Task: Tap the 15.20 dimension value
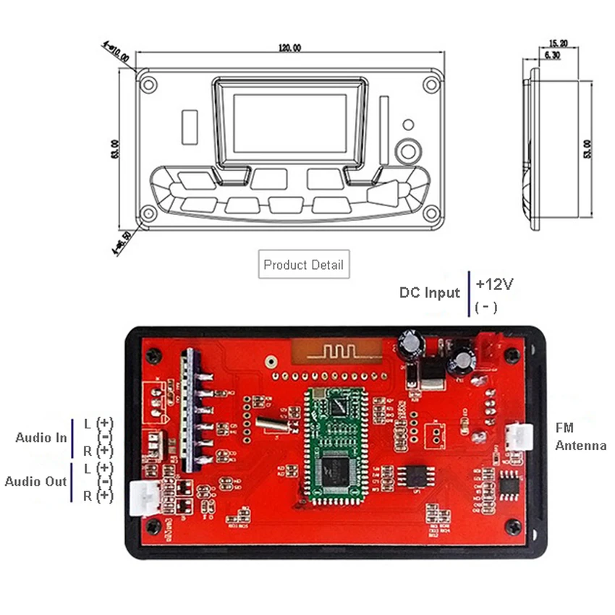coord(558,43)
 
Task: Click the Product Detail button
coord(304,265)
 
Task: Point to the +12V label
coord(495,284)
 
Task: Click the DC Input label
coord(430,292)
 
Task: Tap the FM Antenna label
coord(580,437)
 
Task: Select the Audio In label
coord(41,438)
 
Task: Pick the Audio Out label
coord(36,482)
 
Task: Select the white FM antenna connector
coord(520,436)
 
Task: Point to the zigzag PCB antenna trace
coord(336,352)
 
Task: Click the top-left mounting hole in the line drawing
coord(148,83)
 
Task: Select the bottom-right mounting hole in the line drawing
coord(431,213)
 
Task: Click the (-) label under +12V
coord(486,307)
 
